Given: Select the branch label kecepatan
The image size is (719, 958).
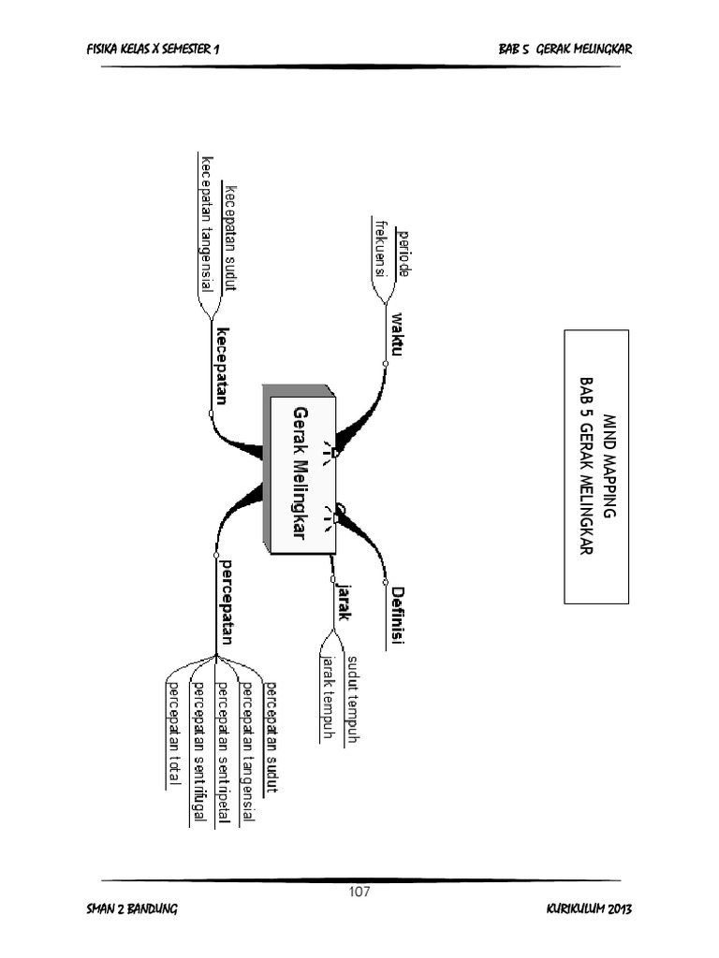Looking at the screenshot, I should (x=223, y=366).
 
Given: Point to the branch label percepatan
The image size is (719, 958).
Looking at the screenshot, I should (x=225, y=603).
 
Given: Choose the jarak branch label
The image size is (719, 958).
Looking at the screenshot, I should (x=344, y=602).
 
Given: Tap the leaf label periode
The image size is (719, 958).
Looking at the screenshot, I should (x=404, y=252).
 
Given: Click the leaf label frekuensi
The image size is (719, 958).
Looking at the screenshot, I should (x=380, y=248).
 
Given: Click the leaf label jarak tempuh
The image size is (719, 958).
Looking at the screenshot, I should (x=328, y=698).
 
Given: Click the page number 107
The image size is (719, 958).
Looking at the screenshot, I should (x=359, y=891).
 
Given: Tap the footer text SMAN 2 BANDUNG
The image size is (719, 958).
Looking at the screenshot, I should (x=130, y=910).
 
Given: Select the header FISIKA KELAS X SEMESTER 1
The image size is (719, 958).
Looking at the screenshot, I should (x=153, y=49).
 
